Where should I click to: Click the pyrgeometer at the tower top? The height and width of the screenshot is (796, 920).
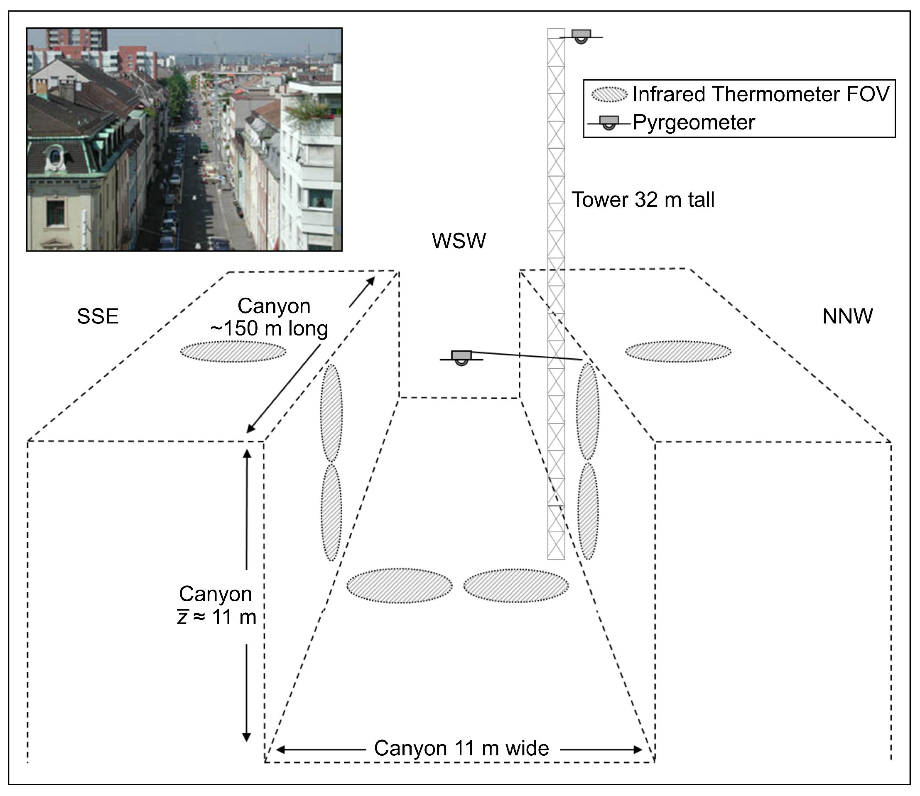581,36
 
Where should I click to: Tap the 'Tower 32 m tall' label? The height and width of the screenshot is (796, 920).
643,199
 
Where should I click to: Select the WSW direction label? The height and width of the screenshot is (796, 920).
459,241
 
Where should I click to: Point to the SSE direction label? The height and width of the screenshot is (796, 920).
98,316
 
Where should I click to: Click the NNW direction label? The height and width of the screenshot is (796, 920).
848,316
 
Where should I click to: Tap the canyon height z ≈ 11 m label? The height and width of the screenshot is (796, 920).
216,605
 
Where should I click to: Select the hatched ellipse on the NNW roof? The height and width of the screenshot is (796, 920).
678,352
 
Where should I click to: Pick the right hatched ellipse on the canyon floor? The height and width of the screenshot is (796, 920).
516,585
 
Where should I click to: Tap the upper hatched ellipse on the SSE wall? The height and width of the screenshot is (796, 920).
331,413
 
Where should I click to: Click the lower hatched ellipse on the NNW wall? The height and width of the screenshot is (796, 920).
588,511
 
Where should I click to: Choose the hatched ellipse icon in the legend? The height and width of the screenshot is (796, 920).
609,95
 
